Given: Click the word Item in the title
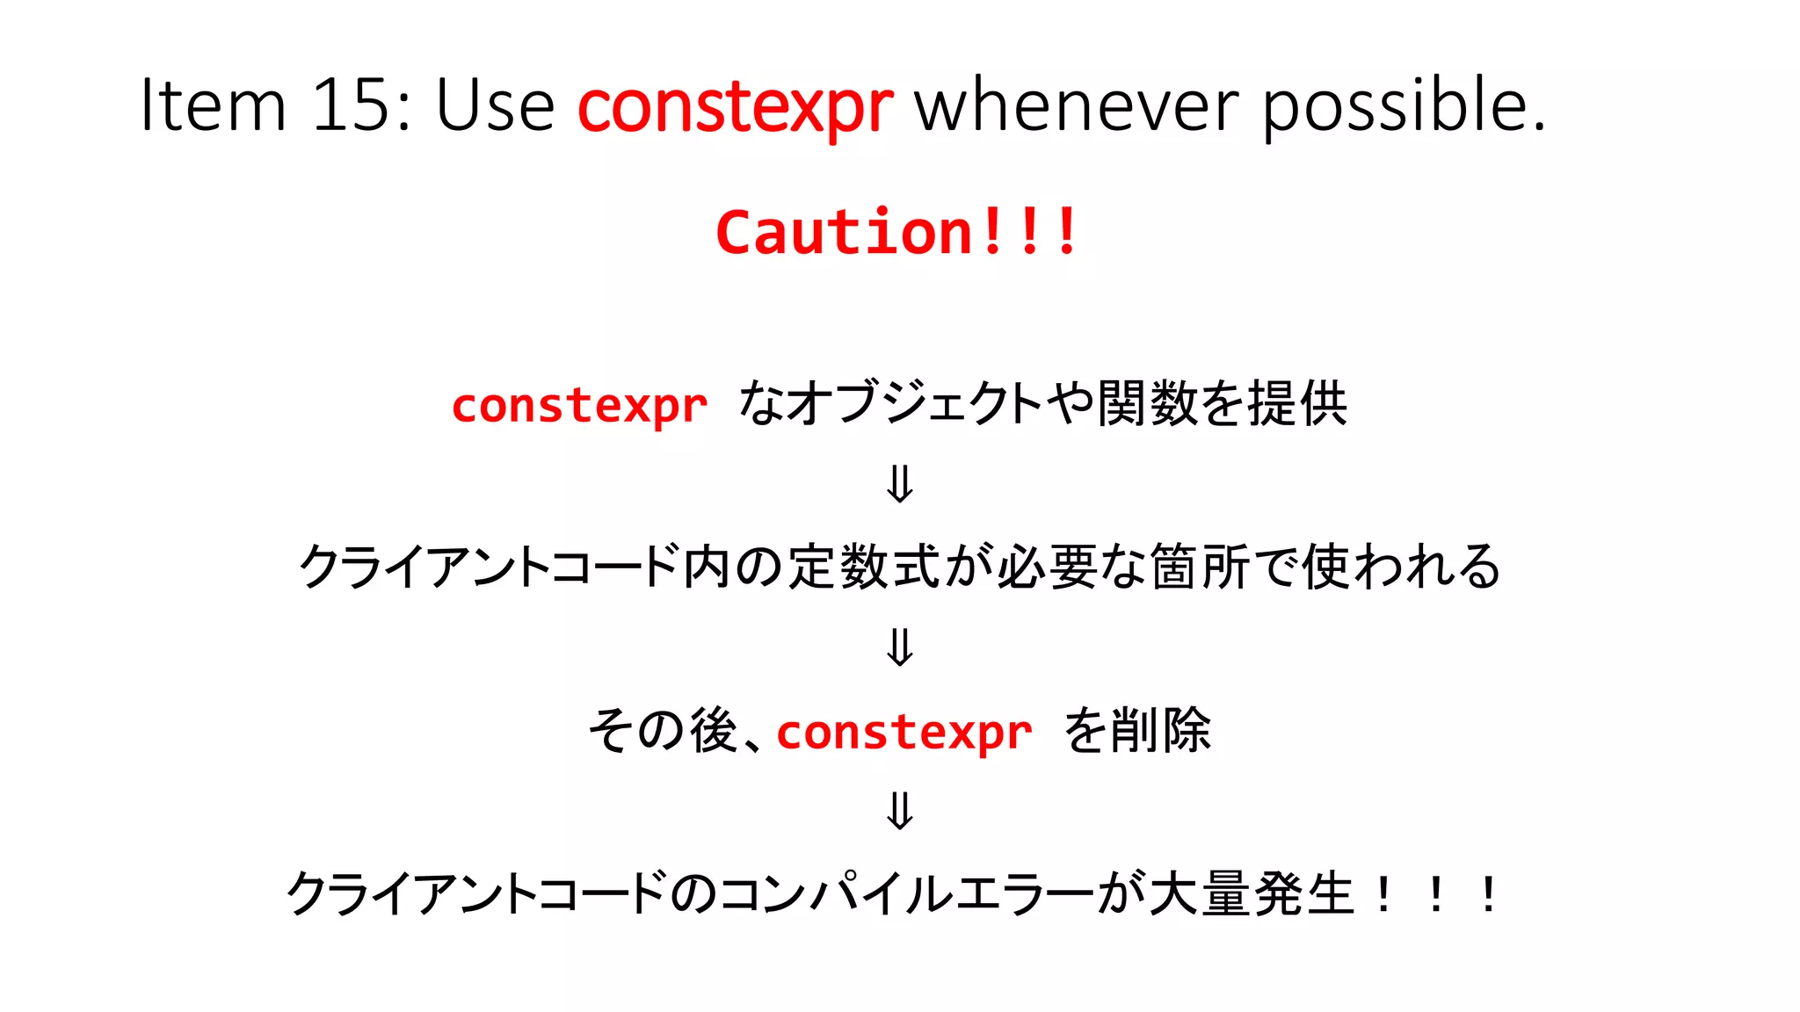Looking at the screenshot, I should pos(214,105).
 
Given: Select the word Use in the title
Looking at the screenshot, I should pos(495,105).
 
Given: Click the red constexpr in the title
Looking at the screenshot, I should pos(735,107).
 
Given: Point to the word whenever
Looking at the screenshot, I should pos(1078,105).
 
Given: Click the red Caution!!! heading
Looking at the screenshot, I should pos(896,232).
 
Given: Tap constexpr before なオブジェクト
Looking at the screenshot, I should pos(579,406).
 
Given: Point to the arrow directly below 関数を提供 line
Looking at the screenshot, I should pos(900,484).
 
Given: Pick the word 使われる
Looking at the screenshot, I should pos(1401,567).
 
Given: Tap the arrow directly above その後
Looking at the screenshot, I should pos(900,647).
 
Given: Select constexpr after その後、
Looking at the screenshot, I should pos(904,732).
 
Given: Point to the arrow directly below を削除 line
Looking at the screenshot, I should pos(900,811).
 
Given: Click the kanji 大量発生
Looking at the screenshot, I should pos(1252,894).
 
